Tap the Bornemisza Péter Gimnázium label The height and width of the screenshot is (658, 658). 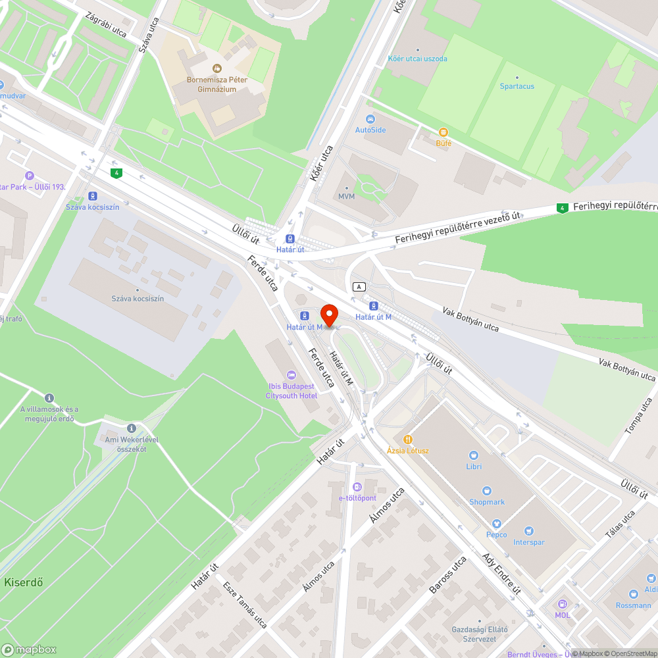click(217, 84)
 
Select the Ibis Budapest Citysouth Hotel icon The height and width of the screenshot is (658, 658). click(291, 374)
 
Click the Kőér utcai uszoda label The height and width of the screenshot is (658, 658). click(417, 59)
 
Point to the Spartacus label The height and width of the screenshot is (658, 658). click(517, 86)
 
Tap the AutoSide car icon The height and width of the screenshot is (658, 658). click(370, 118)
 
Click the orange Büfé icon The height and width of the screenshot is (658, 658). click(443, 132)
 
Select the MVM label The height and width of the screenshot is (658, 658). click(346, 196)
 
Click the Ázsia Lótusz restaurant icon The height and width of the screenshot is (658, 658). click(408, 439)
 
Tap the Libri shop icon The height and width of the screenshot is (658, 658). click(473, 455)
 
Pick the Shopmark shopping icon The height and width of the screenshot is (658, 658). click(487, 491)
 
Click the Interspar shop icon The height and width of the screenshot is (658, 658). click(528, 531)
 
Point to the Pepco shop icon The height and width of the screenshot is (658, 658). click(496, 523)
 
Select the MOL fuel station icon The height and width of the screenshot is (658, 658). click(562, 604)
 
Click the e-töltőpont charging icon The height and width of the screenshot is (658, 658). click(357, 487)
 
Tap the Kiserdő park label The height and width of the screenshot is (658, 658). click(24, 582)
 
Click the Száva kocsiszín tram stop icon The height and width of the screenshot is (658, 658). click(93, 196)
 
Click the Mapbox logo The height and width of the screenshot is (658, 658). click(29, 649)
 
